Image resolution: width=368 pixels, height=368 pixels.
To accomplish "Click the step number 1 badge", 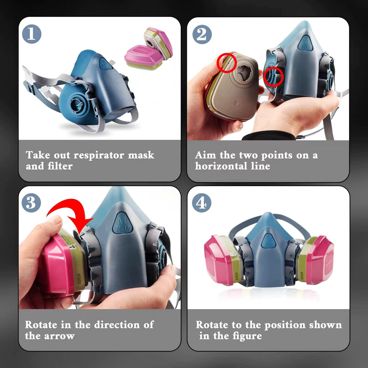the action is pos(31,34).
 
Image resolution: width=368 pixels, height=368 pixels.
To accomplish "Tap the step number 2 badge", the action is pos(202,34).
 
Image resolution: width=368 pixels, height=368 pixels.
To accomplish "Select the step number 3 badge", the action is pos(31,203).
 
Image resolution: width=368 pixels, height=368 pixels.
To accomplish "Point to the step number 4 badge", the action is pos(202,203).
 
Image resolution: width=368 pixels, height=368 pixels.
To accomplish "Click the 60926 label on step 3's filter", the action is pos(79,278).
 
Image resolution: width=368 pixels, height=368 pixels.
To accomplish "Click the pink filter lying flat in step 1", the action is pos(144,57).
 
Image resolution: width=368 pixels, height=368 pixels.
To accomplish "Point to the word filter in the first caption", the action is pos(60,166).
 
